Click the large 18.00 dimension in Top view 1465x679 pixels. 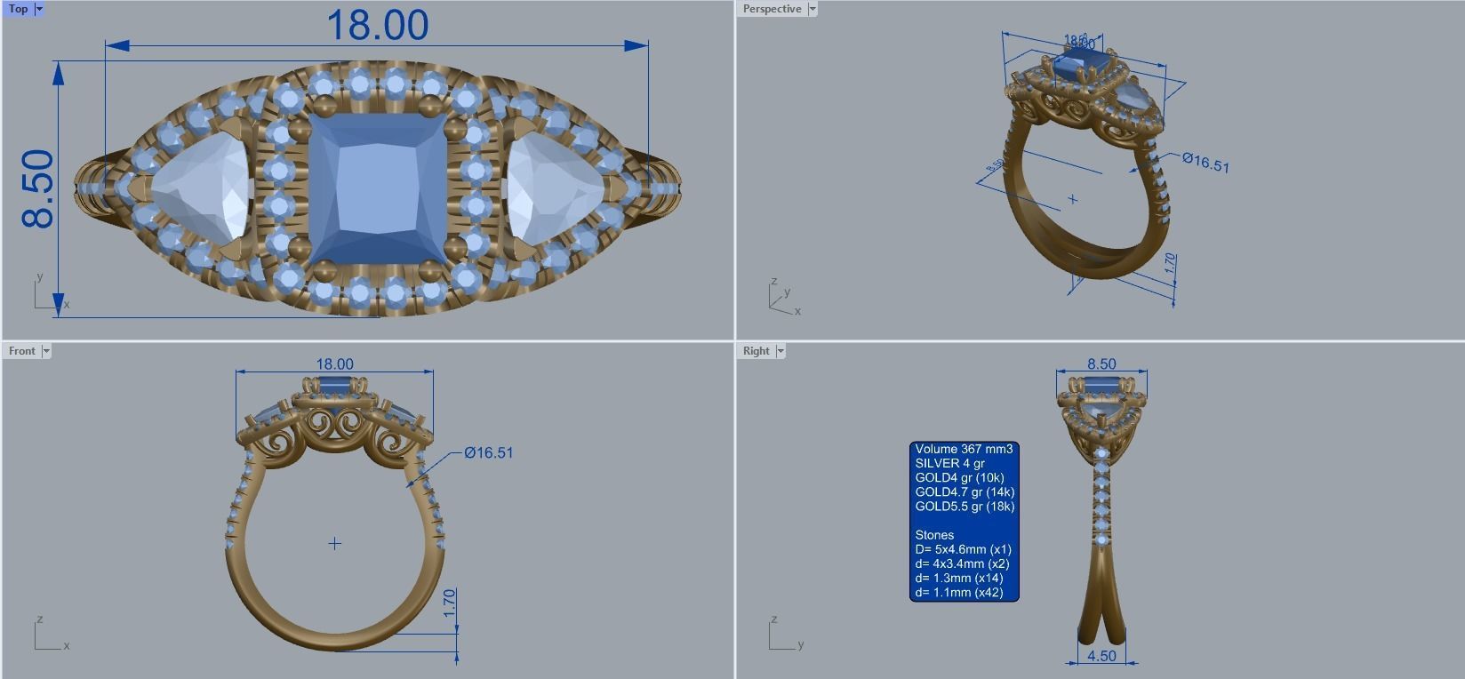click(378, 26)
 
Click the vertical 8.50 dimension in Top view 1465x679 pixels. click(38, 188)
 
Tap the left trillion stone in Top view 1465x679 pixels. click(200, 188)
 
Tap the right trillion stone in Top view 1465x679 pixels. click(554, 188)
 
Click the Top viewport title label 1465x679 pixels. click(18, 9)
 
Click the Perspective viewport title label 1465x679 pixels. click(772, 9)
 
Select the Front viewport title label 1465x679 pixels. click(22, 351)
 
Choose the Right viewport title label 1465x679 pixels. click(756, 351)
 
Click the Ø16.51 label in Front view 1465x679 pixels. click(488, 453)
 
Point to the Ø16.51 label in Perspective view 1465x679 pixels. click(1205, 163)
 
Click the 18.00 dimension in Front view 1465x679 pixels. click(334, 364)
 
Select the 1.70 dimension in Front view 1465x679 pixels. click(450, 603)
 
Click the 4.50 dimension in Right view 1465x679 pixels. click(1101, 656)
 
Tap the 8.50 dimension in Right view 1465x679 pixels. click(1101, 364)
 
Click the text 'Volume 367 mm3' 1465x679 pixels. click(963, 450)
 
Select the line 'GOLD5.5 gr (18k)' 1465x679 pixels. click(964, 507)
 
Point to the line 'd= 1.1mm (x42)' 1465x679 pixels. click(958, 593)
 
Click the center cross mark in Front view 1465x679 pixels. click(335, 543)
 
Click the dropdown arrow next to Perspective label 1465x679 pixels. click(813, 9)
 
